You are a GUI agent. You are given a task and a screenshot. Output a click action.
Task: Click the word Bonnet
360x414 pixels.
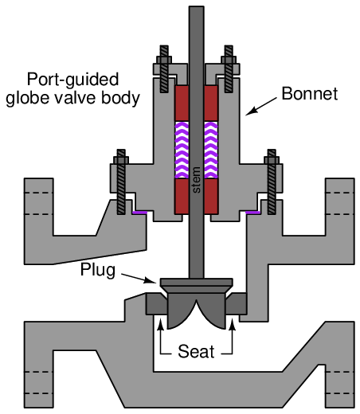click(x=310, y=93)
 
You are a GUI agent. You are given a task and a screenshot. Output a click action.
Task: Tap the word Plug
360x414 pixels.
click(x=98, y=270)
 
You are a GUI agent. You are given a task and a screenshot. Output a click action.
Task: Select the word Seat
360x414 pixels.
click(x=196, y=351)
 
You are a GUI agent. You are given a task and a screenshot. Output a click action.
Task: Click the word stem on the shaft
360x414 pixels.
click(x=196, y=180)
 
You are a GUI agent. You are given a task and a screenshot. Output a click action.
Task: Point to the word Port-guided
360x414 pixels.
click(x=72, y=79)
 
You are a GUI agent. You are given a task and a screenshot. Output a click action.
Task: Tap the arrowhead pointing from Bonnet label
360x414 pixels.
click(x=251, y=111)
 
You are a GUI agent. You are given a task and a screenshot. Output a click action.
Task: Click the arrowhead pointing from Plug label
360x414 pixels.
click(x=150, y=280)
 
